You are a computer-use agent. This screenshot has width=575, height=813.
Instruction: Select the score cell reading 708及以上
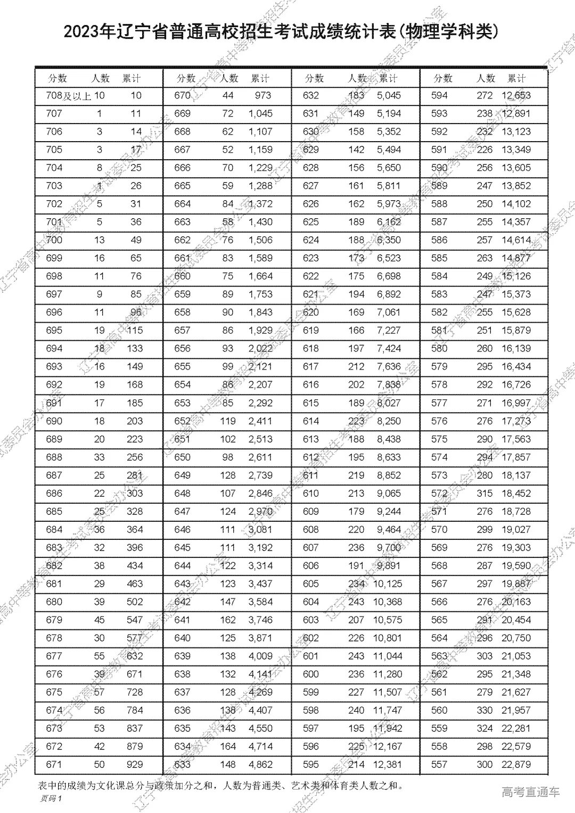pos(69,96)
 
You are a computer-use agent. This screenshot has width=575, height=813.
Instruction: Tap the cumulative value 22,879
pos(516,765)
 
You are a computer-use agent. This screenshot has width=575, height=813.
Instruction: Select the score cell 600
pos(310,674)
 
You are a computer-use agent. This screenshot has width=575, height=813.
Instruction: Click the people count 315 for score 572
pos(484,494)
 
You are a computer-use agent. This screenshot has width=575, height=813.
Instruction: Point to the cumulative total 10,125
pos(388,584)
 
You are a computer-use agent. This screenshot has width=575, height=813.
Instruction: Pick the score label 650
pos(182,457)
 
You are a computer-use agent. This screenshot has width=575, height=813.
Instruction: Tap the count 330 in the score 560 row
pos(484,710)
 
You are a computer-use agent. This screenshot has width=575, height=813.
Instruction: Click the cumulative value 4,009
pos(260,656)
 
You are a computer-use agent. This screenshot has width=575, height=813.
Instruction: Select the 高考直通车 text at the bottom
pos(531,792)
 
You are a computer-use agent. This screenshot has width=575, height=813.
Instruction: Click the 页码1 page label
pos(52,798)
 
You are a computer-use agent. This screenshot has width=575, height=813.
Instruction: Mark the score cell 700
pos(54,240)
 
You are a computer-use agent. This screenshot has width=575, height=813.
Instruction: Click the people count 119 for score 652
pos(227,421)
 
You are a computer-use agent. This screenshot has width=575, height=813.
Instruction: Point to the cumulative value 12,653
pos(516,96)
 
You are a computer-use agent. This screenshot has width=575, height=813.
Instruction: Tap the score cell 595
pos(310,765)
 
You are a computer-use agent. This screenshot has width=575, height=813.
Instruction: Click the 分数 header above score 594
pos(443,78)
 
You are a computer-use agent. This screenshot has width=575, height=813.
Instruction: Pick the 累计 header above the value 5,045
pos(388,78)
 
